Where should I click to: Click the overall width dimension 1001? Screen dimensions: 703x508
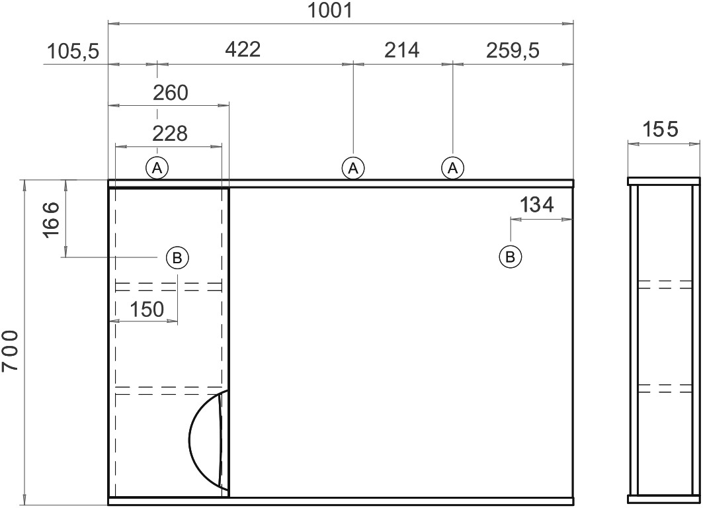pyautogui.click(x=330, y=11)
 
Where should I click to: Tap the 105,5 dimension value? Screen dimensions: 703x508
pyautogui.click(x=73, y=52)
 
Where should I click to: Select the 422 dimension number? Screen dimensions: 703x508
pyautogui.click(x=243, y=50)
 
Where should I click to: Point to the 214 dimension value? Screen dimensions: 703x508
pyautogui.click(x=401, y=50)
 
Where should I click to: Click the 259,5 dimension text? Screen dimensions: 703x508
pyautogui.click(x=513, y=51)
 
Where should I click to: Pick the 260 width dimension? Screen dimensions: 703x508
pyautogui.click(x=171, y=93)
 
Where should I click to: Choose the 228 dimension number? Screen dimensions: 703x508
pyautogui.click(x=170, y=134)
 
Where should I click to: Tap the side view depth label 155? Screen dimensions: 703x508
pyautogui.click(x=661, y=130)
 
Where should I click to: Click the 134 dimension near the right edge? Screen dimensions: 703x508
pyautogui.click(x=536, y=205)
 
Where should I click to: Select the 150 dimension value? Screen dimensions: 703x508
pyautogui.click(x=147, y=309)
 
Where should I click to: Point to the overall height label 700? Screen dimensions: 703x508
pyautogui.click(x=10, y=351)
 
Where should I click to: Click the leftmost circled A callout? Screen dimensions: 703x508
pyautogui.click(x=157, y=168)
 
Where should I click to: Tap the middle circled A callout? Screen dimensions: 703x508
pyautogui.click(x=353, y=168)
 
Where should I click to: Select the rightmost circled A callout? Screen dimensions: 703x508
pyautogui.click(x=453, y=168)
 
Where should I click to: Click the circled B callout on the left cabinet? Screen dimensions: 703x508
pyautogui.click(x=177, y=258)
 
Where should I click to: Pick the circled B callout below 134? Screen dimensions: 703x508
pyautogui.click(x=510, y=257)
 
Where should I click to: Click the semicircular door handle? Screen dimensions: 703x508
pyautogui.click(x=190, y=439)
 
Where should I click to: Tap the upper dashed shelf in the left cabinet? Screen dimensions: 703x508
pyautogui.click(x=169, y=287)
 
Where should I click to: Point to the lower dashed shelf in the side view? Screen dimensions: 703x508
pyautogui.click(x=665, y=389)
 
